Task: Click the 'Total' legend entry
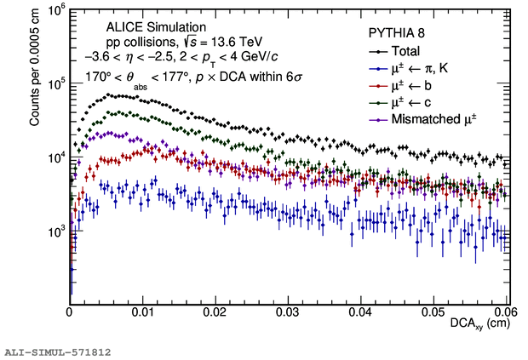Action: (407, 51)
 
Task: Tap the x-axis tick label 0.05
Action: (434, 312)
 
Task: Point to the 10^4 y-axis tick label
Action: (54, 158)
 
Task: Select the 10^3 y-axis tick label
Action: (54, 231)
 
